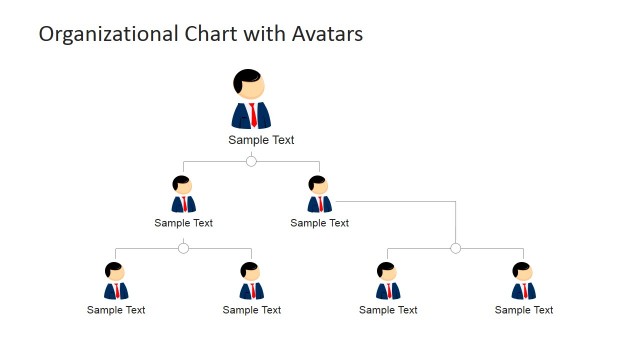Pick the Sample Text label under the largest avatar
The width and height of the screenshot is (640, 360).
(x=261, y=140)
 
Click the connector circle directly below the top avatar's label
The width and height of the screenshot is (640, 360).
(x=251, y=161)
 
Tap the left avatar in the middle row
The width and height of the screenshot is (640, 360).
(x=183, y=195)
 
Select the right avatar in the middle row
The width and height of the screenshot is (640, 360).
(x=319, y=195)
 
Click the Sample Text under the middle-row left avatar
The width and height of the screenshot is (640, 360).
(x=183, y=223)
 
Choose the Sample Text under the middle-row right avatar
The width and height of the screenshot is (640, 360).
(x=319, y=223)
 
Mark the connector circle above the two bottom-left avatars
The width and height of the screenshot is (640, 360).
(x=183, y=248)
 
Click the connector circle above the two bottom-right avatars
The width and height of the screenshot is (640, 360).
(x=455, y=248)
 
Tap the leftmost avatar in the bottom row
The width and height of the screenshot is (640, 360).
(x=116, y=282)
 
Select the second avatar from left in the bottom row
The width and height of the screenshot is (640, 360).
(x=252, y=282)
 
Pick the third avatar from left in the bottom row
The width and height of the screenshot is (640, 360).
(x=388, y=282)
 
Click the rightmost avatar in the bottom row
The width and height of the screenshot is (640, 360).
(x=523, y=282)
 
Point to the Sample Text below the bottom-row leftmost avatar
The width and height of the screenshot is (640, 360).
(x=116, y=310)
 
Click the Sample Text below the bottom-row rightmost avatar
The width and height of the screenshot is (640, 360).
(x=523, y=310)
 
